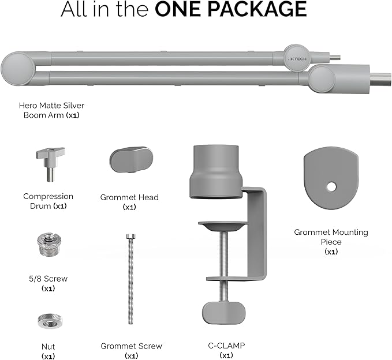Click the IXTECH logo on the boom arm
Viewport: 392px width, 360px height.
[x=297, y=59]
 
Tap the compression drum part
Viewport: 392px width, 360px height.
[x=50, y=164]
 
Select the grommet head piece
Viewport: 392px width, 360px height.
[x=131, y=159]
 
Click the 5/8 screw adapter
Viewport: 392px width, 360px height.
[x=49, y=244]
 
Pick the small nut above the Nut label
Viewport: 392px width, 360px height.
[x=50, y=321]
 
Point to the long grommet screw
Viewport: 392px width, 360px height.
[x=130, y=279]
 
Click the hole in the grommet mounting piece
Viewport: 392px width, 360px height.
[x=331, y=186]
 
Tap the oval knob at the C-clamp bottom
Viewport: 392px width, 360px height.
[x=224, y=313]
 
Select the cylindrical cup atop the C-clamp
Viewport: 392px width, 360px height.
[x=216, y=172]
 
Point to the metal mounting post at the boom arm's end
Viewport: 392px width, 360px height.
[x=380, y=79]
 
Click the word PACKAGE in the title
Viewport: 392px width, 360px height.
[x=257, y=9]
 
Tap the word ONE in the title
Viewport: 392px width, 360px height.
[x=178, y=9]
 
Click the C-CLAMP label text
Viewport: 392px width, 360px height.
[x=226, y=346]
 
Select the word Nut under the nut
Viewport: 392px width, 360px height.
[x=48, y=347]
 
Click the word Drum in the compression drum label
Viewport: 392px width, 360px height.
[x=40, y=206]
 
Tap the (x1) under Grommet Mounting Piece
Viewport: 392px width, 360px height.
[x=331, y=252]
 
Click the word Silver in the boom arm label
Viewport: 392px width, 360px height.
[x=73, y=106]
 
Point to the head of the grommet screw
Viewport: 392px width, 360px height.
[x=130, y=236]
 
